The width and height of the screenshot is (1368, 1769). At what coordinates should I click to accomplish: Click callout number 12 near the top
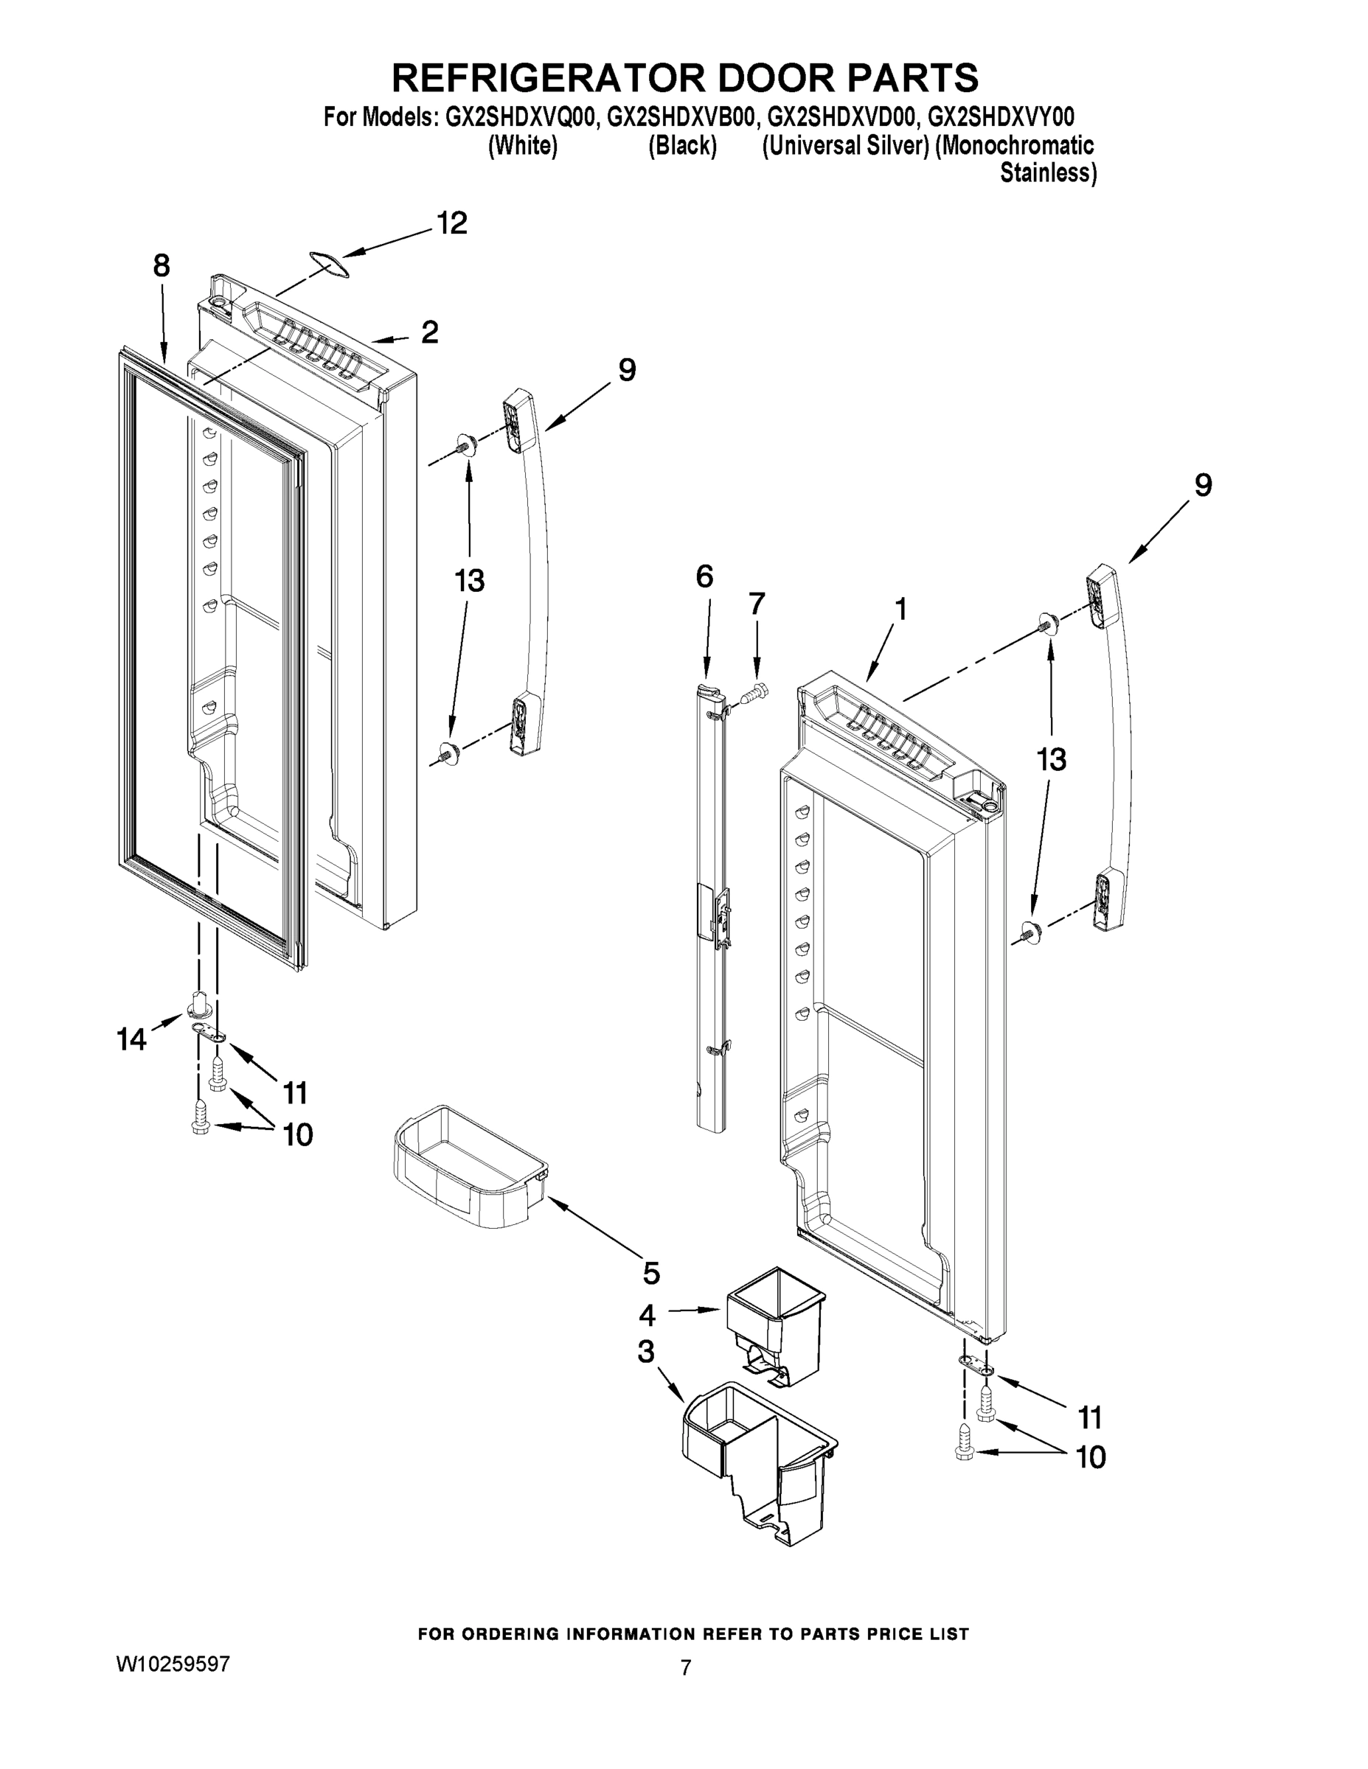[452, 223]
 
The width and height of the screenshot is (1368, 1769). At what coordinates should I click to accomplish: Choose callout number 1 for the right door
[900, 610]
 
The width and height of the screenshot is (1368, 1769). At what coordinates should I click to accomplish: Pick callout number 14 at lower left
[131, 1039]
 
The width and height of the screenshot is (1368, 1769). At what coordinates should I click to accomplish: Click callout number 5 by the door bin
[650, 1273]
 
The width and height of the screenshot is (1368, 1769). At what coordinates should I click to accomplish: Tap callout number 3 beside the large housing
[646, 1353]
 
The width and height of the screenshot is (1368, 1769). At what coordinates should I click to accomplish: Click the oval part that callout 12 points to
[326, 261]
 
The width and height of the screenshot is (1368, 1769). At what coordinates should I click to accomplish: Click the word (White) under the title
[522, 146]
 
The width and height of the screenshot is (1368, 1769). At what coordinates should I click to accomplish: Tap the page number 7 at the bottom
[686, 1668]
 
